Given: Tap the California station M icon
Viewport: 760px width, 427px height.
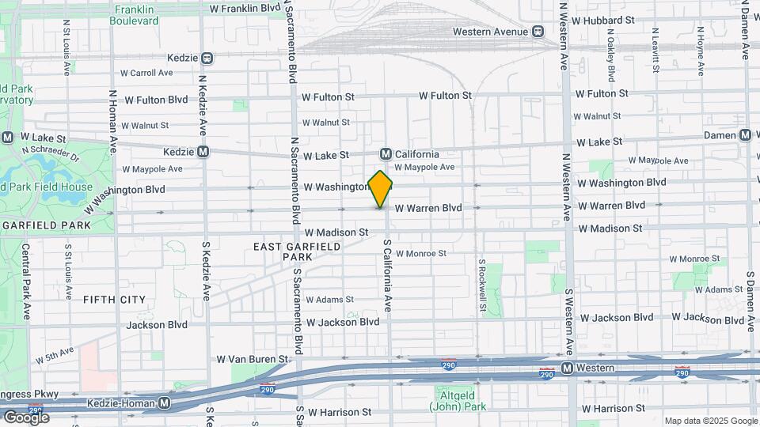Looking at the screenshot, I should click(386, 154).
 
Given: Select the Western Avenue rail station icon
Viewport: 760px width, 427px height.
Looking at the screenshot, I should click(538, 32).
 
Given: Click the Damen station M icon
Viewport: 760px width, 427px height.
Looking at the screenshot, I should click(745, 135).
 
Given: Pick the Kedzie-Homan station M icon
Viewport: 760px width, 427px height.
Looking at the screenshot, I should click(164, 402).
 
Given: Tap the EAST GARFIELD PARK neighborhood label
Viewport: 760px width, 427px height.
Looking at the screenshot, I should click(297, 251).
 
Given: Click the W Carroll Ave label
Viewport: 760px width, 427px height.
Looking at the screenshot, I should click(146, 73).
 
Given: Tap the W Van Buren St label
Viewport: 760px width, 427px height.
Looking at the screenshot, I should click(253, 359).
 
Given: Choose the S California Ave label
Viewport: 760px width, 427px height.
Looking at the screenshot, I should click(388, 274).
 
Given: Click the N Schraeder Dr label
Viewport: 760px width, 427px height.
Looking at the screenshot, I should click(51, 153).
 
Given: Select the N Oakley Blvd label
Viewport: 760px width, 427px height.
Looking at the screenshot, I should click(610, 55).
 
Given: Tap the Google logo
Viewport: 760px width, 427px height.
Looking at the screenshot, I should click(25, 417).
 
